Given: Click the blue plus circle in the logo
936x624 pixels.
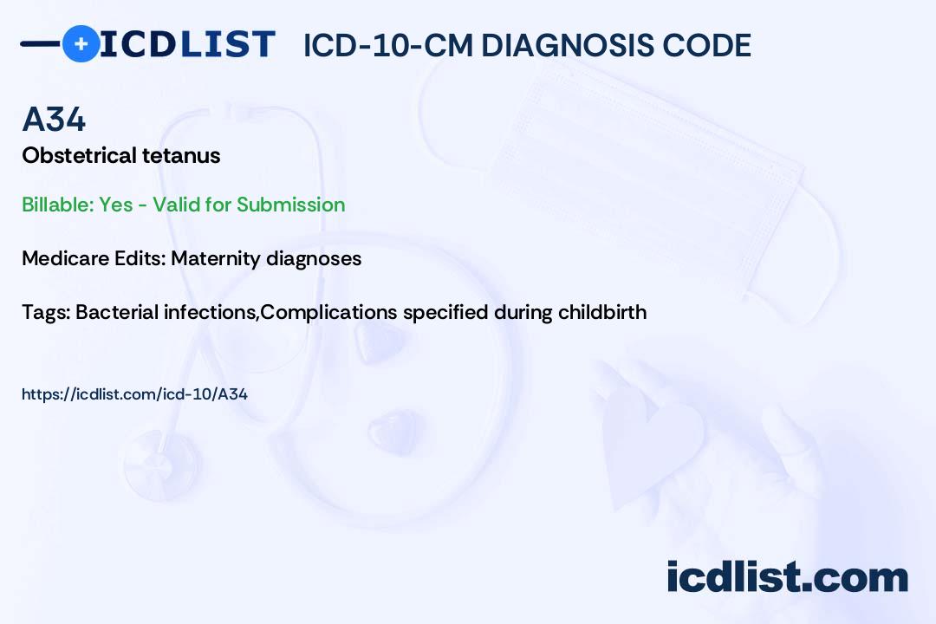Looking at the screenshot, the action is click(81, 43).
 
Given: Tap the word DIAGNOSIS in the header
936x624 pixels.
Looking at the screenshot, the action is click(566, 45).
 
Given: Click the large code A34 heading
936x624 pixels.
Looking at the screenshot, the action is click(54, 120).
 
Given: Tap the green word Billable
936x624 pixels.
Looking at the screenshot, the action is click(57, 205).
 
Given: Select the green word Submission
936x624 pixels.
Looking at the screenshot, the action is click(290, 205).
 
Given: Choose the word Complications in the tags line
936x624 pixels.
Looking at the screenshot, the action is click(329, 313).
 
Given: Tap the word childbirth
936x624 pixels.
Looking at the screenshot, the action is click(602, 312).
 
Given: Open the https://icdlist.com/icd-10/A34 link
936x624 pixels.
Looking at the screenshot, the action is click(135, 394).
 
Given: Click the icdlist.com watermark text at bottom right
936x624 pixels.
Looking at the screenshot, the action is click(787, 576).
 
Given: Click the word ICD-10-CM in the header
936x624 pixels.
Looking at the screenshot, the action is click(388, 45).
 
